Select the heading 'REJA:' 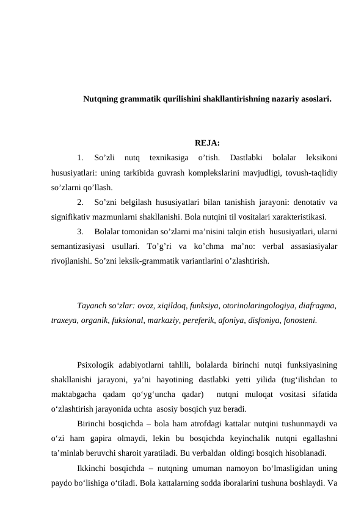click(x=208, y=144)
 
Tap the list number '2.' click(x=81, y=202)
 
